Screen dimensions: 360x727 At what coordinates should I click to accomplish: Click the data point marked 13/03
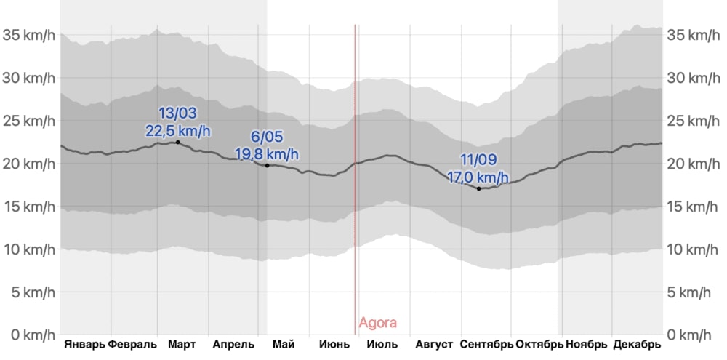(178, 142)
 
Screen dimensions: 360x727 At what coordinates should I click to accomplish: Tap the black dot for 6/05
(268, 166)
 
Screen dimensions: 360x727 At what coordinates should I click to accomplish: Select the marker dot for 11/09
(478, 188)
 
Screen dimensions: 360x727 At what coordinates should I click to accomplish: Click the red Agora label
(378, 323)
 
